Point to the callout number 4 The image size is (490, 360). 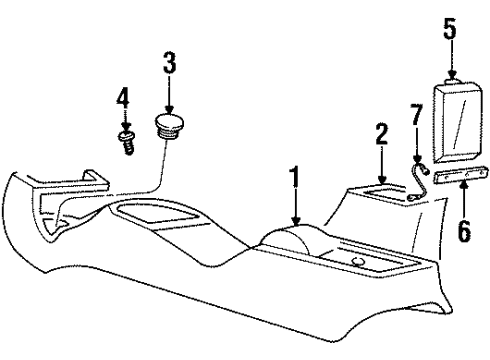coord(123,99)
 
